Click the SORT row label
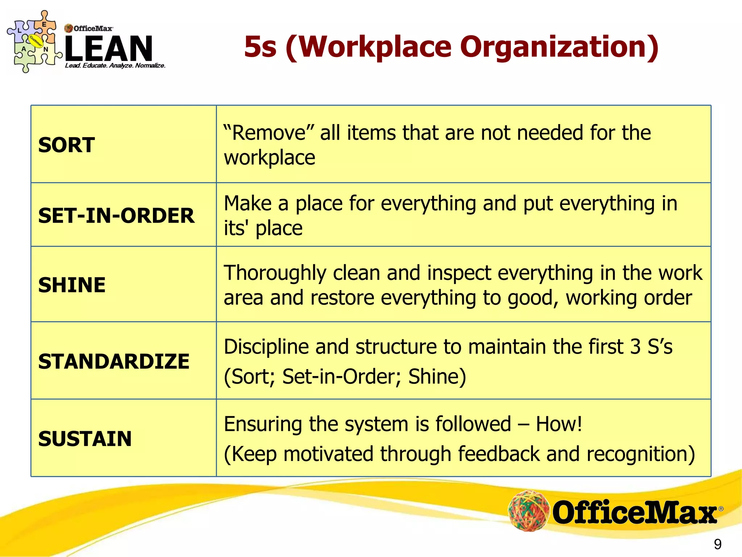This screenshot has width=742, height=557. (67, 145)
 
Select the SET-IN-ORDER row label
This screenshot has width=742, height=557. (116, 215)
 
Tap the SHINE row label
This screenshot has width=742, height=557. (72, 285)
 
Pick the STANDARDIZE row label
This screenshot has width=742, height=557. (114, 362)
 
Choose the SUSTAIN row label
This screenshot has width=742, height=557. (85, 439)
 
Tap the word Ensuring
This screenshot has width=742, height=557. (263, 424)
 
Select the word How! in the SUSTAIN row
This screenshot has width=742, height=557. (559, 424)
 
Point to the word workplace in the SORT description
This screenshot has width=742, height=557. (270, 158)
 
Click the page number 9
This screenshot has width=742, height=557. (717, 544)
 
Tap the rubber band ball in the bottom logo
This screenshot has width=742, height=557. (529, 511)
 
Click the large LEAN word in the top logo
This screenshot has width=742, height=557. (109, 48)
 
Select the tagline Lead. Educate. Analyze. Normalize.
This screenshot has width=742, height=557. (115, 66)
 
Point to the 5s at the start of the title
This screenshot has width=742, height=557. (260, 47)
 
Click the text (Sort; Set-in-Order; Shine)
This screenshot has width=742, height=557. (345, 376)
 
